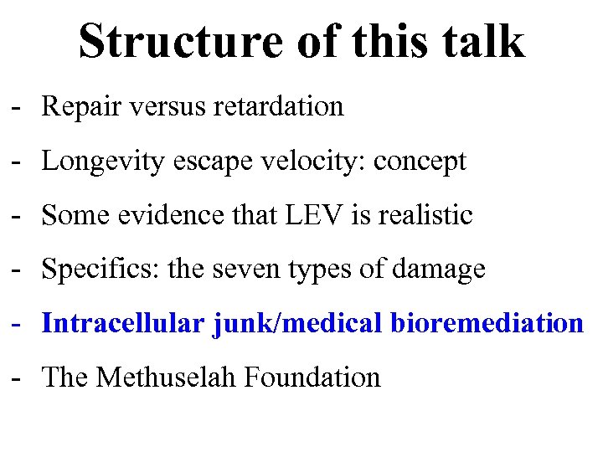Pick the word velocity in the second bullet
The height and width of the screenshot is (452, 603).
308,162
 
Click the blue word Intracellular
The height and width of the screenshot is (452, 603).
121,323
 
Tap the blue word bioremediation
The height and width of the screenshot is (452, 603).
487,323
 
